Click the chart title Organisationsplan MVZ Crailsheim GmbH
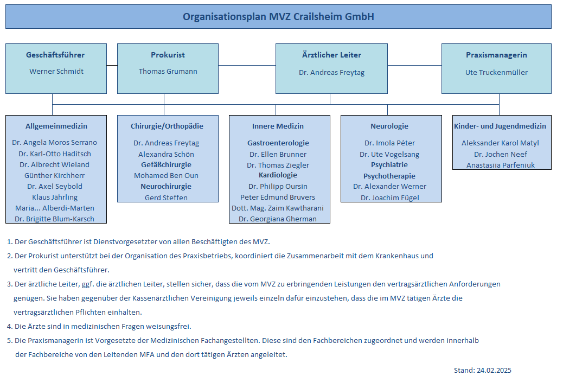(278, 17)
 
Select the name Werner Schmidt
(56, 72)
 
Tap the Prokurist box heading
(168, 55)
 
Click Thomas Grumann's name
(168, 72)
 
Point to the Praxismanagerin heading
(497, 55)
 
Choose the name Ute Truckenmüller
(497, 73)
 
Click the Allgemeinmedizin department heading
(56, 126)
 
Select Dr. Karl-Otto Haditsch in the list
(55, 154)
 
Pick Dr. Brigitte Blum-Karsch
(55, 219)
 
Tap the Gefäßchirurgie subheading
(167, 164)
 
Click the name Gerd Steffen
(167, 198)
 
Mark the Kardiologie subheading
(278, 175)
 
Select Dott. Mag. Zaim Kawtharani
(278, 208)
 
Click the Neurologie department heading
(389, 126)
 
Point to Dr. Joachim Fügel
(390, 198)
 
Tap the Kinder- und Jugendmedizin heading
(500, 126)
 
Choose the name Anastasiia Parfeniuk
(501, 165)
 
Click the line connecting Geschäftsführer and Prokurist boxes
(112, 66)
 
